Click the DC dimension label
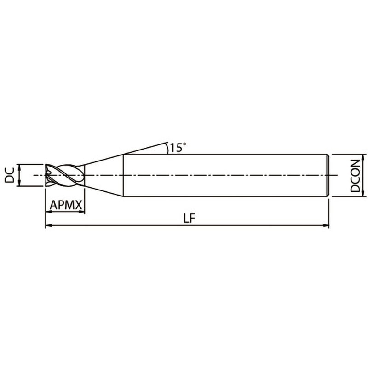pyautogui.click(x=10, y=175)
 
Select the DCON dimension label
pyautogui.click(x=355, y=176)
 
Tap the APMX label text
pyautogui.click(x=66, y=205)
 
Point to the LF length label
pyautogui.click(x=189, y=218)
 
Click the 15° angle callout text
pyautogui.click(x=178, y=147)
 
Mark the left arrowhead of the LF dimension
pyautogui.click(x=48, y=225)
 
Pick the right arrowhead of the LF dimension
pyautogui.click(x=326, y=225)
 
